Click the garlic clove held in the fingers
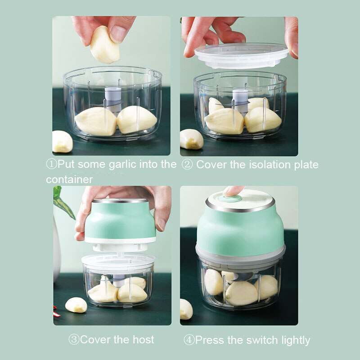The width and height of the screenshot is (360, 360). (104, 45)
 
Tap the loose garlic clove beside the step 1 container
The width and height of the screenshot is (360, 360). (62, 142)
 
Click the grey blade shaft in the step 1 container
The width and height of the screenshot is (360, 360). (113, 99)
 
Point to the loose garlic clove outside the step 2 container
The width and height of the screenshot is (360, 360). (191, 139)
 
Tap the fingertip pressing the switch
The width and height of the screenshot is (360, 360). (234, 191)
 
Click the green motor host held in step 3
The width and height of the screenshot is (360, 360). (120, 220)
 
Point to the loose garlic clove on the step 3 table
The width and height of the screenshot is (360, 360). (76, 305)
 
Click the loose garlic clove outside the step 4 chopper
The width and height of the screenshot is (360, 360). (186, 309)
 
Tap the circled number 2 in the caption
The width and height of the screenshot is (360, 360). (187, 165)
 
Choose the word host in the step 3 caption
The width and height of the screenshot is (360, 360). (144, 339)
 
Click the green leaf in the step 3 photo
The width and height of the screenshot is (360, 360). (62, 202)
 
